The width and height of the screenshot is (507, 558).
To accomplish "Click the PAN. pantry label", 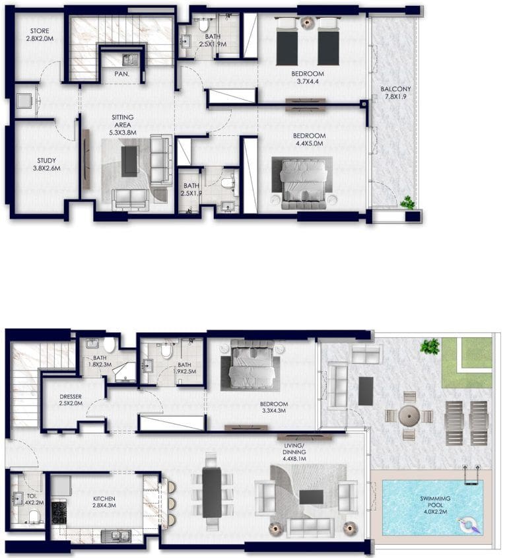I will click(121, 75).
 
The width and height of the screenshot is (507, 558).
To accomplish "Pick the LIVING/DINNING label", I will click(295, 456).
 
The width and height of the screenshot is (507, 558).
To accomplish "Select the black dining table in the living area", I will click(212, 492).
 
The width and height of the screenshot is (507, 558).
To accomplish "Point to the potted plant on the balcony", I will click(409, 202).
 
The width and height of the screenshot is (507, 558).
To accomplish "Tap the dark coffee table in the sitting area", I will click(131, 160).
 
